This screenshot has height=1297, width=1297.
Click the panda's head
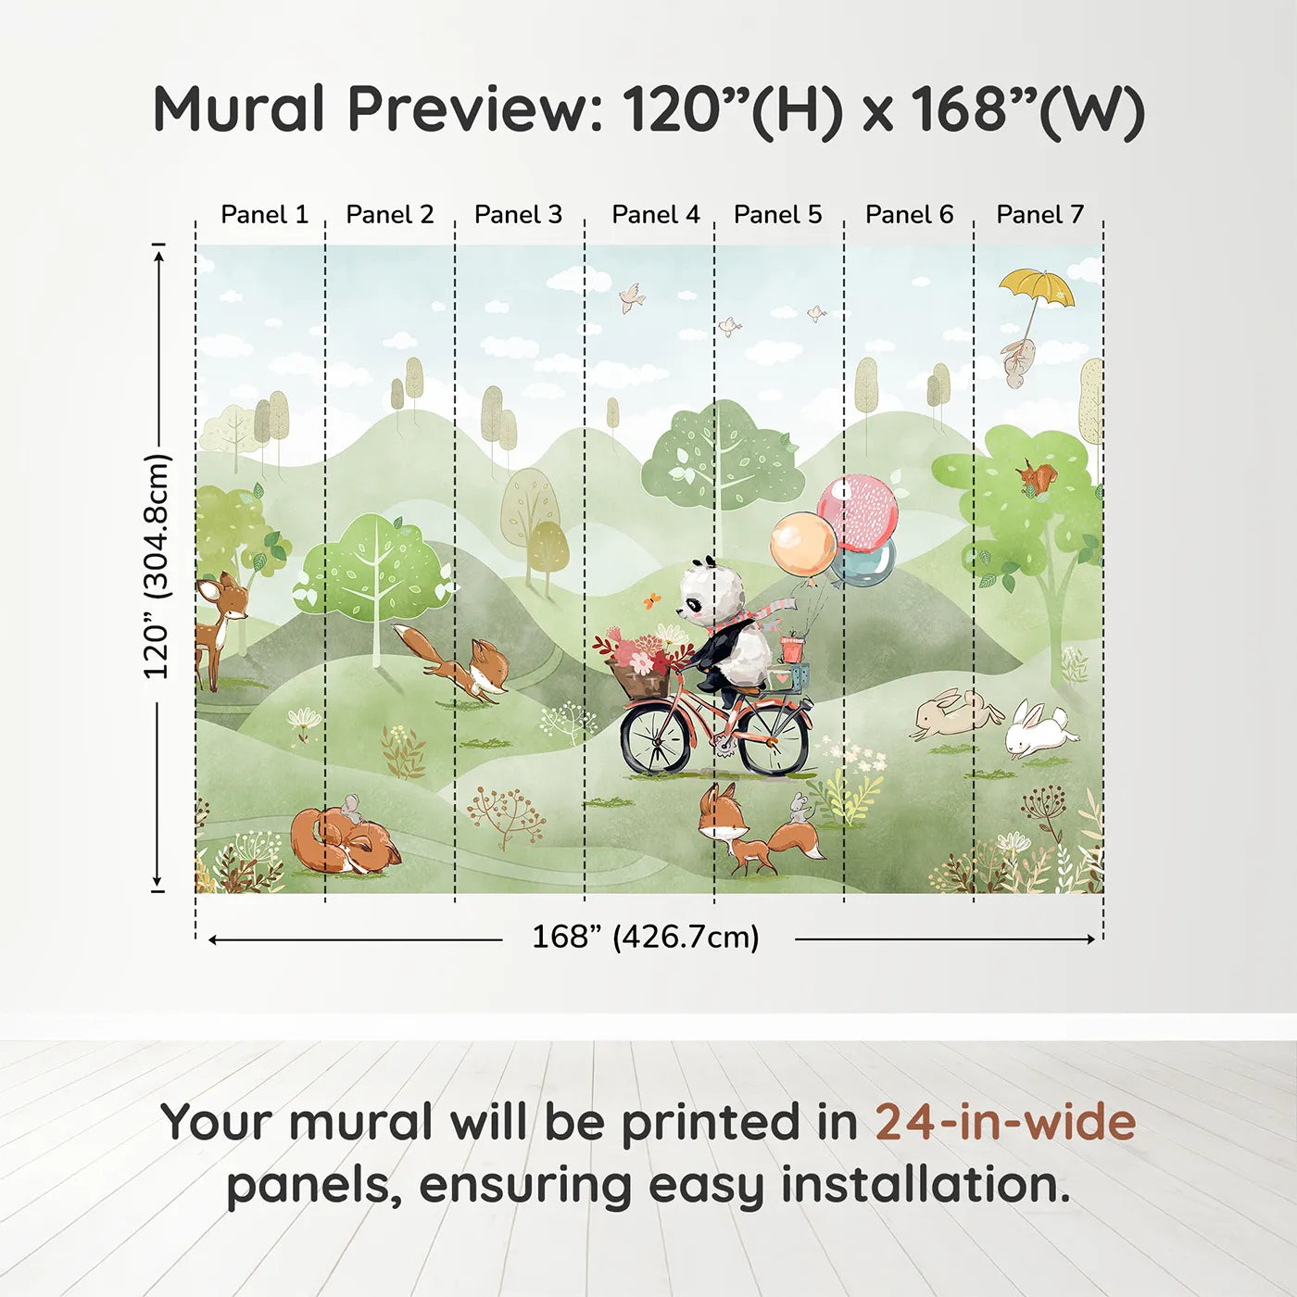point(711,593)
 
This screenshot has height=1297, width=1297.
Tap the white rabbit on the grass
point(1039,728)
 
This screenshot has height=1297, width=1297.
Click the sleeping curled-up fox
point(343,841)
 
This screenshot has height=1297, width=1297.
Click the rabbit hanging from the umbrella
point(1017,361)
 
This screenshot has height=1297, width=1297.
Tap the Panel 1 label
point(264,215)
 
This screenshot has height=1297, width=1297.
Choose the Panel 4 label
point(656,215)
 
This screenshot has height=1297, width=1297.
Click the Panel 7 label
point(1039,215)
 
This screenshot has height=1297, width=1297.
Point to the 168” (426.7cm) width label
point(646,938)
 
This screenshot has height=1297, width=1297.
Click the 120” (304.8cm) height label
point(157,567)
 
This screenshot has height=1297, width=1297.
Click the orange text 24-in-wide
point(1005,1123)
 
